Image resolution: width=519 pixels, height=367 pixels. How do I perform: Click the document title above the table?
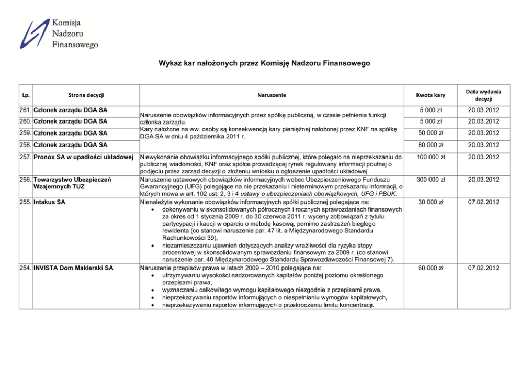(x=264, y=63)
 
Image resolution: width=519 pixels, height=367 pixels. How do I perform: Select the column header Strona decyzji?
(x=86, y=95)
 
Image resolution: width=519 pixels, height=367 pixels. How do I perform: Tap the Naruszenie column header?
(x=272, y=95)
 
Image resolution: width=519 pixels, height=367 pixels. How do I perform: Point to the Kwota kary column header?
(x=431, y=95)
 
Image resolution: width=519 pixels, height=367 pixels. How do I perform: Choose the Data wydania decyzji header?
(x=484, y=95)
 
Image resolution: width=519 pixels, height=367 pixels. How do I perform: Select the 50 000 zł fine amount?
(x=431, y=133)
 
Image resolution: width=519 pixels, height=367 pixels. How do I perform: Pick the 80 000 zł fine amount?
(x=431, y=145)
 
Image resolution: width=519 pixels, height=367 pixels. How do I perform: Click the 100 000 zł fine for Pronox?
(x=431, y=157)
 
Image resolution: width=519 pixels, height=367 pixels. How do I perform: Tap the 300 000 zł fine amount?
(x=431, y=180)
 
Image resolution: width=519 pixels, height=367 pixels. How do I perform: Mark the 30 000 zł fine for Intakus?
(x=431, y=202)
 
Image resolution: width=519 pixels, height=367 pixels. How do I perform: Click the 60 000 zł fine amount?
(x=431, y=268)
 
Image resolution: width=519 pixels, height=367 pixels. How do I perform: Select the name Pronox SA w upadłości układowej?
(x=85, y=157)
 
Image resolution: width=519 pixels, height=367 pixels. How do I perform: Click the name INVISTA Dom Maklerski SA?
(x=73, y=268)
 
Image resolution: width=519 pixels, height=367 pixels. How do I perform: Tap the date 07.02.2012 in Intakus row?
(x=484, y=202)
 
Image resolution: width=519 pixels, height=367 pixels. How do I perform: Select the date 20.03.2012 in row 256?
(x=484, y=180)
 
